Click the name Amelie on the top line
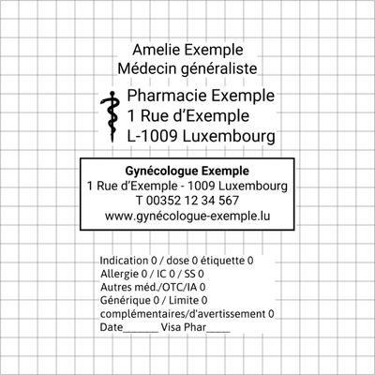tap(156, 50)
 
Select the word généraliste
tap(219, 69)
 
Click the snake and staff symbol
tap(111, 116)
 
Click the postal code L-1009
tap(152, 136)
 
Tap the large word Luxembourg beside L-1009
tap(229, 137)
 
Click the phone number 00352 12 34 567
tap(192, 201)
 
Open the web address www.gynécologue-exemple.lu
tap(187, 216)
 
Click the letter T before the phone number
tap(140, 201)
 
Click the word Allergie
tap(120, 274)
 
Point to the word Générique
tap(125, 300)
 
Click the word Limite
tap(184, 300)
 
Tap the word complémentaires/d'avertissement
tap(183, 314)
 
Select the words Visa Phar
tap(184, 327)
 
